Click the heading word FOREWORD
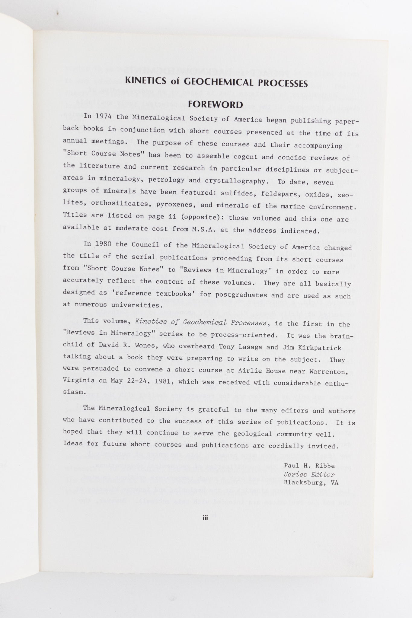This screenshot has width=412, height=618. point(215,105)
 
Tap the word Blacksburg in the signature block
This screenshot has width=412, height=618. point(305,483)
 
